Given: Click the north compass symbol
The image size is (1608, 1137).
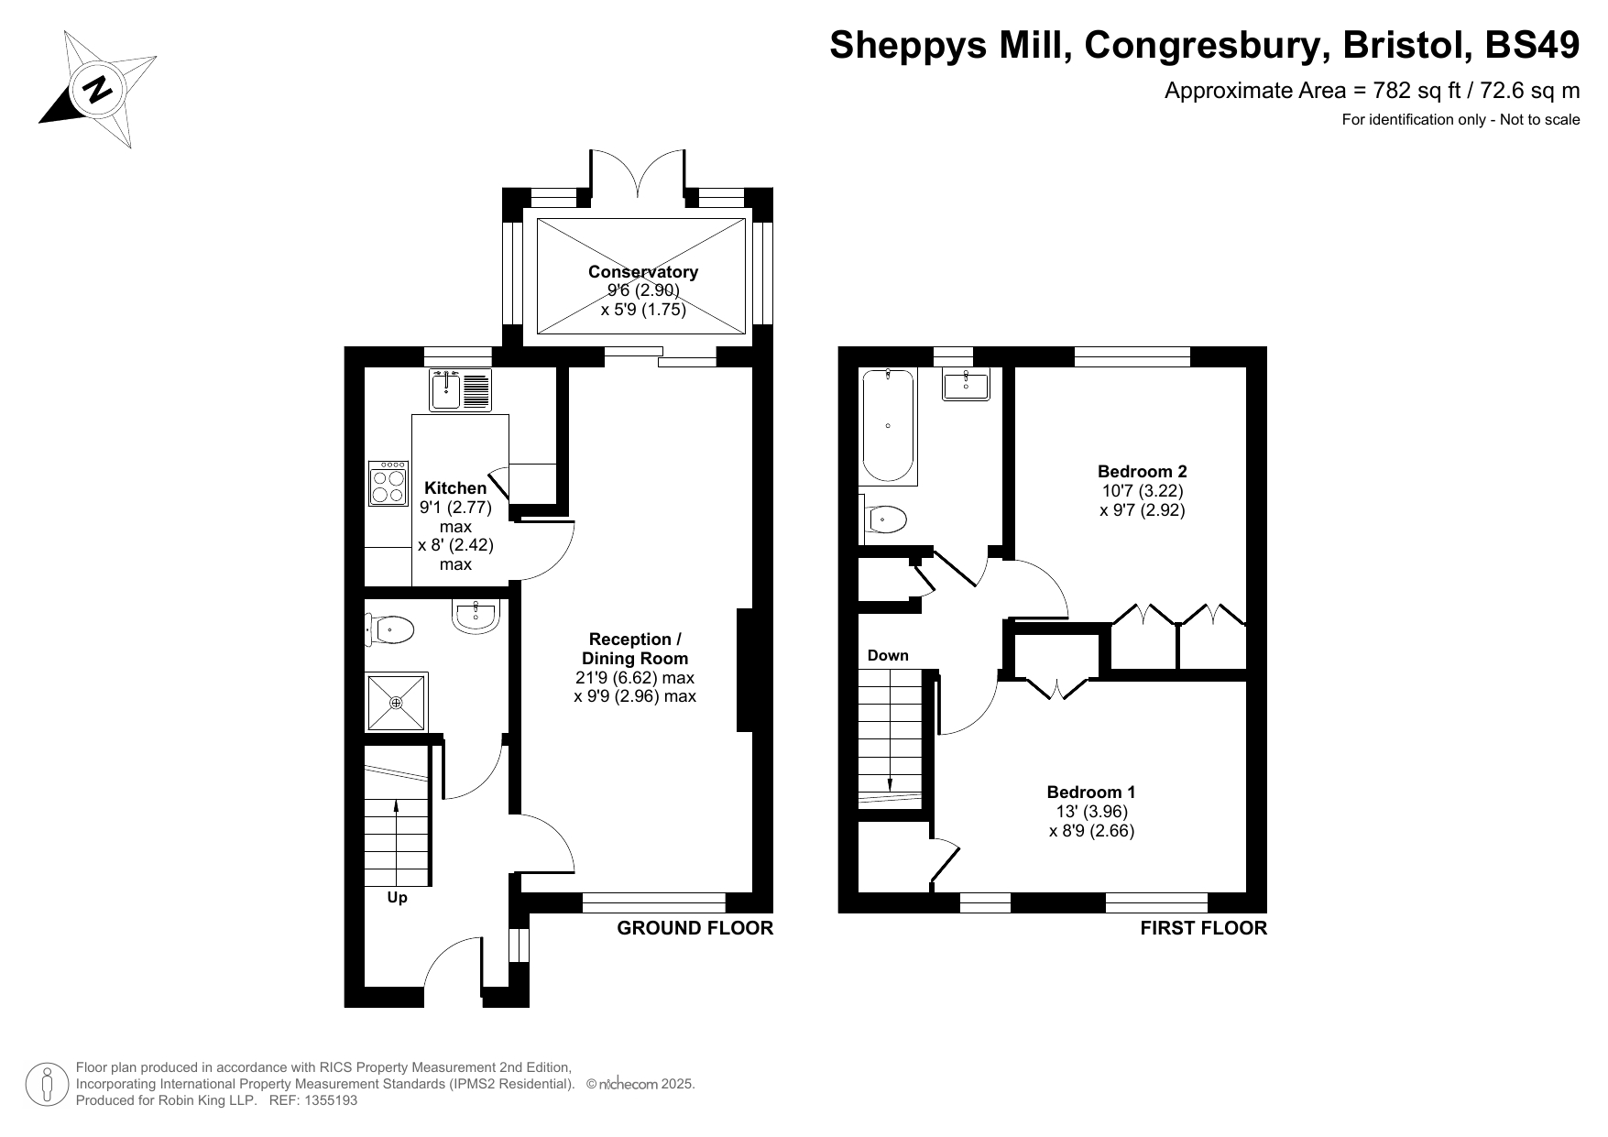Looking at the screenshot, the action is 98,89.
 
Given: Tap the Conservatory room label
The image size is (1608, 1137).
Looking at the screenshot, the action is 643,271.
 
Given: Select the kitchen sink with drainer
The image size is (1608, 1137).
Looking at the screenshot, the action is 461,389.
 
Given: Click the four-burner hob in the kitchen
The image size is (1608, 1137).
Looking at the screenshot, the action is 388,483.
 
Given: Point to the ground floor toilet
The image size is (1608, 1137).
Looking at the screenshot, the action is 390,629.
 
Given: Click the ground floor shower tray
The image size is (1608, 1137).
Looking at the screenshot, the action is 397,703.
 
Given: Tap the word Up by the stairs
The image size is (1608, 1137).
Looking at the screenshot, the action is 397,898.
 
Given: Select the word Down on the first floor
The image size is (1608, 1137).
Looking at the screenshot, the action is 888,655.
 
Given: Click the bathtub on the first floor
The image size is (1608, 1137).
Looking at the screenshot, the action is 888,426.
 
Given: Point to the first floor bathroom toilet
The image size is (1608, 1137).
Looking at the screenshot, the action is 883,519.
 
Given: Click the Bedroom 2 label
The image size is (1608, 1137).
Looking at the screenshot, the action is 1143,471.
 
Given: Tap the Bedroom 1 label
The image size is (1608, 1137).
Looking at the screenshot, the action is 1091,792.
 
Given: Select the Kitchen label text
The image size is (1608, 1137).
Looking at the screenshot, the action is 455,487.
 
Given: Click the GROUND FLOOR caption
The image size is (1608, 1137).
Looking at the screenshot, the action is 695,928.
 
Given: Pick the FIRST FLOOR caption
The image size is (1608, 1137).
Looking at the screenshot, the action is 1204,928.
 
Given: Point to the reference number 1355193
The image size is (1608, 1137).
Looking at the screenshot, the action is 327,1100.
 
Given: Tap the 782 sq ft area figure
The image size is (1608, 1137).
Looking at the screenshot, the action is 1411,90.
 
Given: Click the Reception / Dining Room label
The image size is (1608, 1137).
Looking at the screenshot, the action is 635,649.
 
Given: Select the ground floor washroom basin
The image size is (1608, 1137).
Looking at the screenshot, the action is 475,617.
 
